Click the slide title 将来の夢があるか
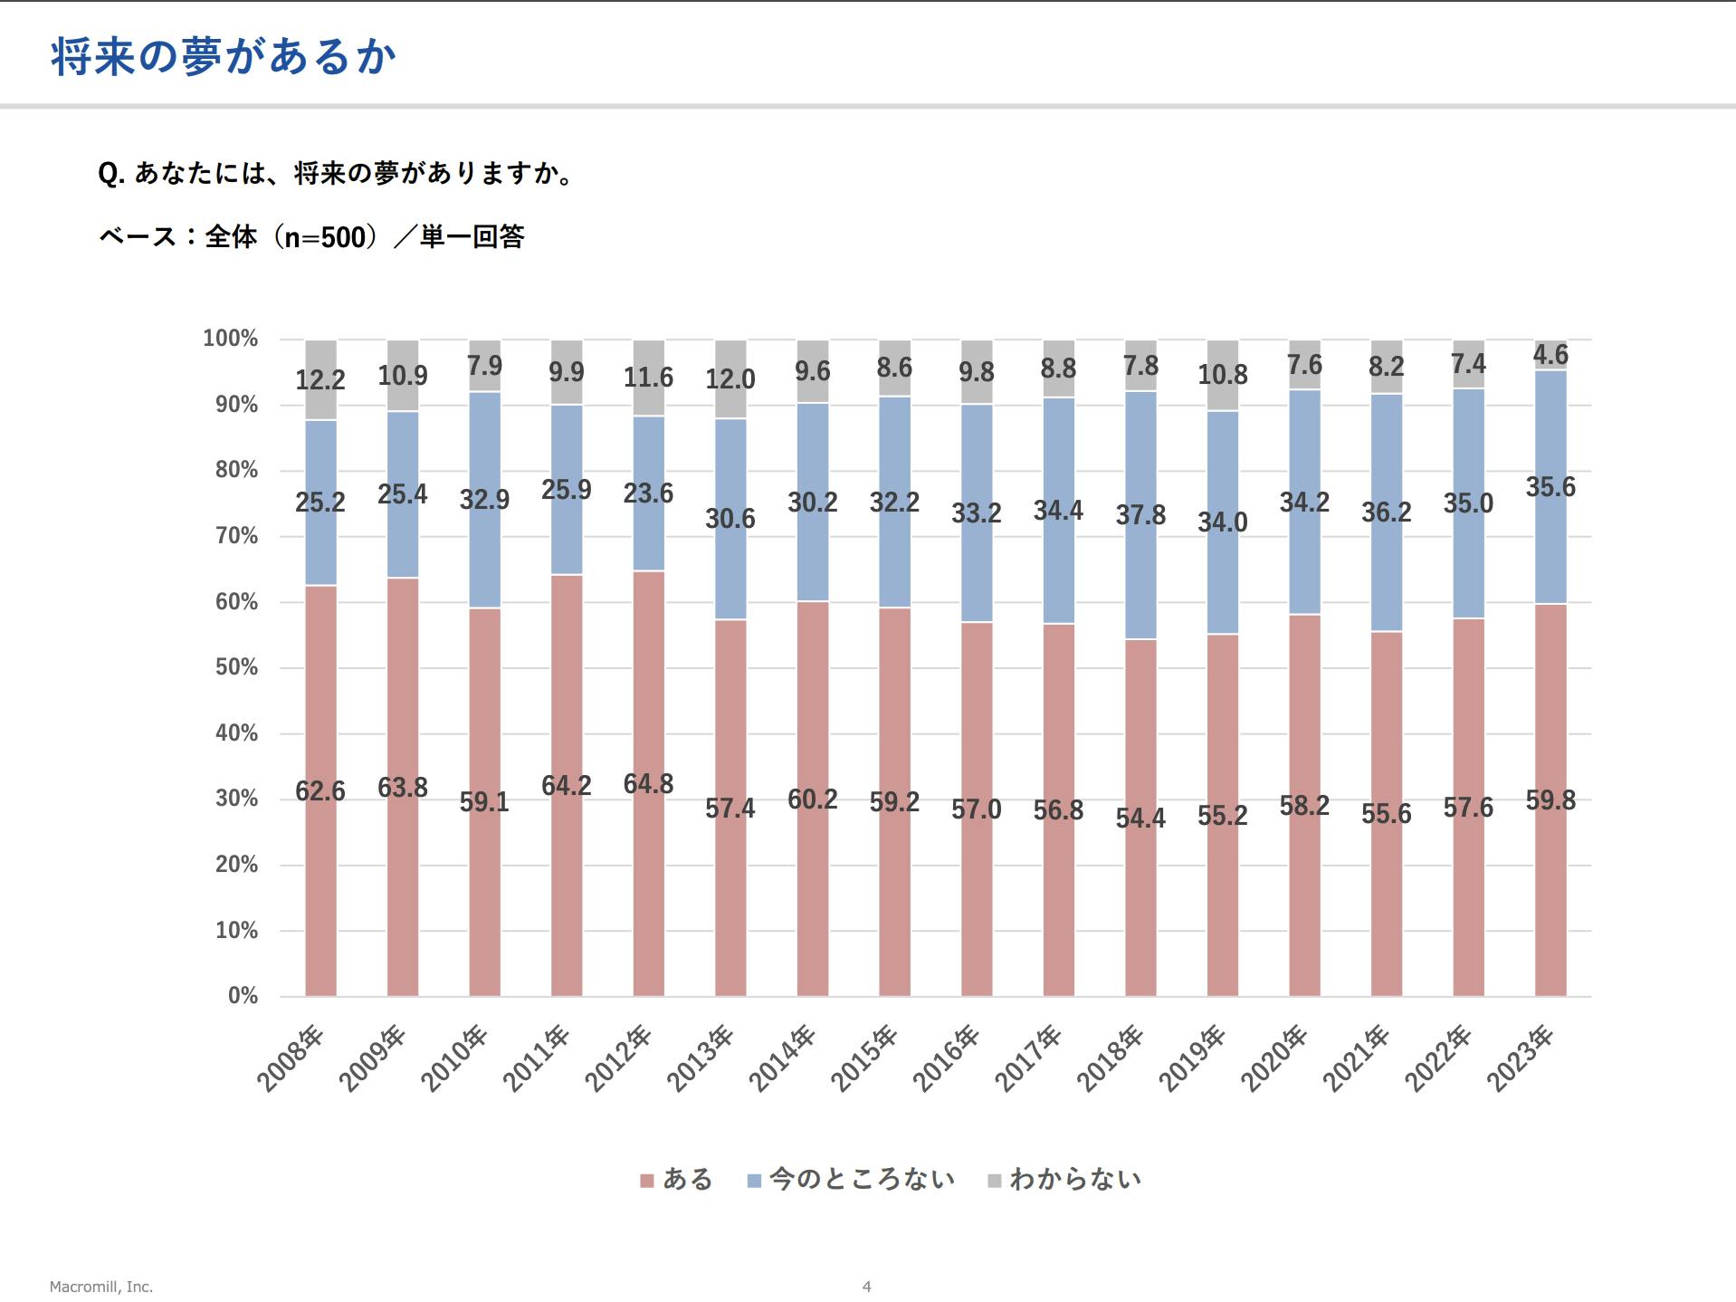point(224,57)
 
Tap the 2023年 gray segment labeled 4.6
point(1550,355)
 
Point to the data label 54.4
point(1140,819)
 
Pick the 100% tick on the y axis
point(231,339)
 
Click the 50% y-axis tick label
point(236,667)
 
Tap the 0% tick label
point(243,996)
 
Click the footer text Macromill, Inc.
point(101,1287)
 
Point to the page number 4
point(866,1287)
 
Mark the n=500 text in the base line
point(325,237)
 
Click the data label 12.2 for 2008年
point(320,379)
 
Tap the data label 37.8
point(1140,515)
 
